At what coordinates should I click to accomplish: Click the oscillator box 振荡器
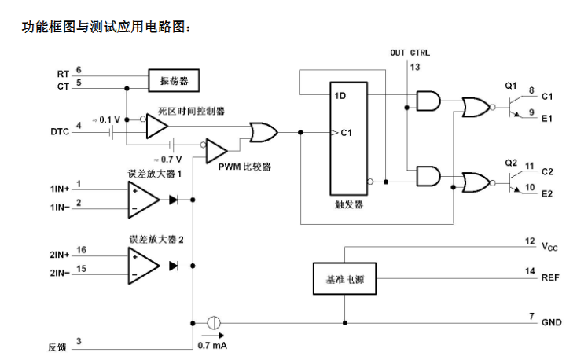coord(174,80)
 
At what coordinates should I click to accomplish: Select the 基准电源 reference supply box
coord(344,278)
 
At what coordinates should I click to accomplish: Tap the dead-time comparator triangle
coord(156,126)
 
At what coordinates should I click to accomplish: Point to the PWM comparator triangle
coord(215,151)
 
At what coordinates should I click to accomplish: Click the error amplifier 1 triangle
coord(143,200)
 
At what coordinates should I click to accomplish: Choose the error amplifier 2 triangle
coord(143,266)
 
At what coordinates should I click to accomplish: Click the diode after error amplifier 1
coord(173,200)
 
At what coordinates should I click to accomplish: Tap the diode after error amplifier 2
coord(173,266)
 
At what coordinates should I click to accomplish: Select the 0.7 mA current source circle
coord(214,323)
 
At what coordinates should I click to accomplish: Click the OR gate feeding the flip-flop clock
coord(263,132)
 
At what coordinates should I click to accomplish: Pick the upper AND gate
coord(428,101)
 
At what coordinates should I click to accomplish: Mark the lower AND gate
coord(428,176)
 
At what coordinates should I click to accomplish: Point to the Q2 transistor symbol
coord(516,182)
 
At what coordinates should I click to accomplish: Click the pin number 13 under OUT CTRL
coord(415,67)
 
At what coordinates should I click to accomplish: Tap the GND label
coord(551,322)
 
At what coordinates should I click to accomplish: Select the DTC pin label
coord(60,131)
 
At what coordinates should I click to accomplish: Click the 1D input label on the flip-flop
coord(340,96)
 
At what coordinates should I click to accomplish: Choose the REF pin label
coord(550,278)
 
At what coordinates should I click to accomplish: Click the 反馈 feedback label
coord(57,347)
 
